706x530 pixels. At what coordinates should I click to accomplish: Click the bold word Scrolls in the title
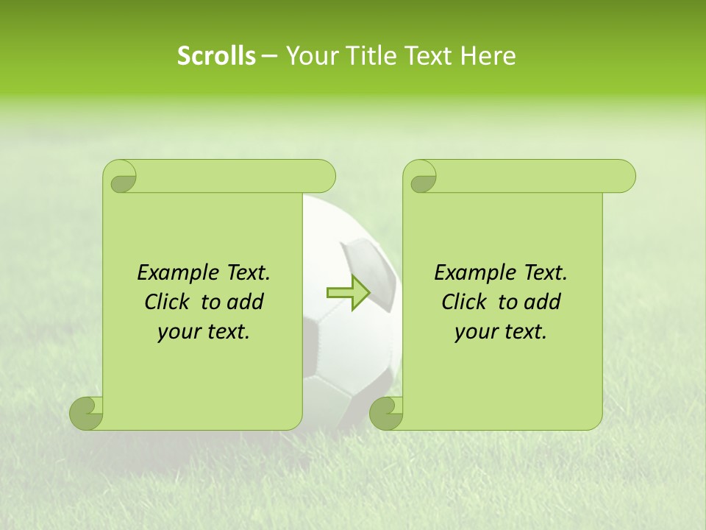[216, 56]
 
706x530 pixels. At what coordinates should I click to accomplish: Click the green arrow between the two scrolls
[348, 292]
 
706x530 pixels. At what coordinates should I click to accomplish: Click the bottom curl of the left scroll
[87, 413]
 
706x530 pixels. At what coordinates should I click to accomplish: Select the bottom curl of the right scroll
[387, 413]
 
